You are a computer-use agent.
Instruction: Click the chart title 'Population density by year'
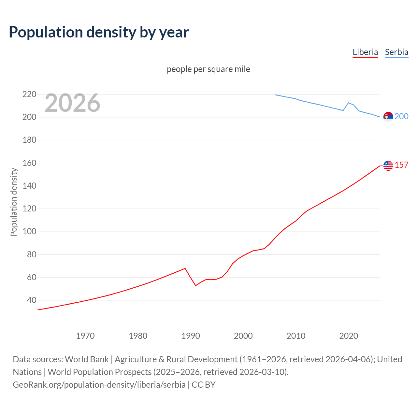(99, 32)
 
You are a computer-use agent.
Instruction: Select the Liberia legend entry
(365, 52)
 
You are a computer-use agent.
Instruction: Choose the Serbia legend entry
(396, 52)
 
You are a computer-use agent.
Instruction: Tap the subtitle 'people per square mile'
(208, 69)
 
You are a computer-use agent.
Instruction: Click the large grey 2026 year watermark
(72, 103)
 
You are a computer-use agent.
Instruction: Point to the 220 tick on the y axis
(29, 94)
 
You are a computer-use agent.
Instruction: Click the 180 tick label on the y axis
(29, 140)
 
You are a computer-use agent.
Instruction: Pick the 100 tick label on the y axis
(29, 232)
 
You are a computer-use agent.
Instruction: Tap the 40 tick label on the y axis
(31, 300)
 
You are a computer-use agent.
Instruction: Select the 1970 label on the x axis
(85, 336)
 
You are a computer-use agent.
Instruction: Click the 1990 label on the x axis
(191, 336)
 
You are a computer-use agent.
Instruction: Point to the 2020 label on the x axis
(349, 336)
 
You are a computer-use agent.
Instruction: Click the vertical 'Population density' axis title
(14, 202)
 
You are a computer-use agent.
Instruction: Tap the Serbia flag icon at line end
(388, 117)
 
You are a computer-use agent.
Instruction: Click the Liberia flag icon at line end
(388, 165)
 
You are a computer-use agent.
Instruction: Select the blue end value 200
(401, 117)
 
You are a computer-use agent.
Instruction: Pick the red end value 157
(401, 165)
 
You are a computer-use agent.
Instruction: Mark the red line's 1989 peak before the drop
(185, 268)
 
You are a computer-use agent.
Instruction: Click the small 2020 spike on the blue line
(349, 103)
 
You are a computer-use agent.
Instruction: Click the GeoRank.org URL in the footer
(99, 385)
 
